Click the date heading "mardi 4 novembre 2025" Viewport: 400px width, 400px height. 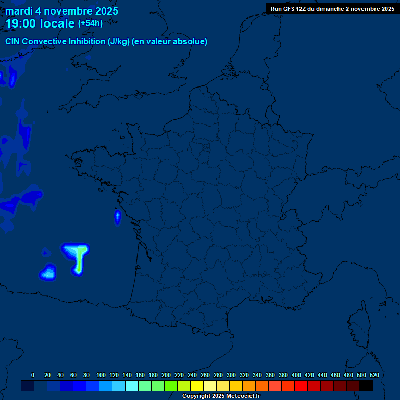point(61,11)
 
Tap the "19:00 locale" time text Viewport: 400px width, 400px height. point(40,23)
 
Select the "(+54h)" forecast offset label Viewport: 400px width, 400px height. point(90,23)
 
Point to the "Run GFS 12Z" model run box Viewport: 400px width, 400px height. point(332,9)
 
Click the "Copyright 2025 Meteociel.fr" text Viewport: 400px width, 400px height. point(221,396)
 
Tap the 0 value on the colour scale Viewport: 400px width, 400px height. point(33,375)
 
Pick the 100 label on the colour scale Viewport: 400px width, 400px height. point(101,375)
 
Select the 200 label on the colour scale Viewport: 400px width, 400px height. point(166,375)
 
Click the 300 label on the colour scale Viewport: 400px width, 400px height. point(231,375)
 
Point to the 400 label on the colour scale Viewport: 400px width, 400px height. point(296,375)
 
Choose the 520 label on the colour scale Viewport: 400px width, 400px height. point(374,375)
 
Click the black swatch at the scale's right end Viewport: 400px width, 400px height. point(366,385)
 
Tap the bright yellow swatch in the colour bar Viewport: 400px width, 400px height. point(197,385)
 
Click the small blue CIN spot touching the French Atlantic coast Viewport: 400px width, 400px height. point(117,217)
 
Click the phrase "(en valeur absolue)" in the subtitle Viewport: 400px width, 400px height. point(170,42)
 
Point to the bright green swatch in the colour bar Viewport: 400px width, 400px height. point(171,385)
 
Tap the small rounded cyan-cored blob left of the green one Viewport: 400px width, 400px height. point(49,272)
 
